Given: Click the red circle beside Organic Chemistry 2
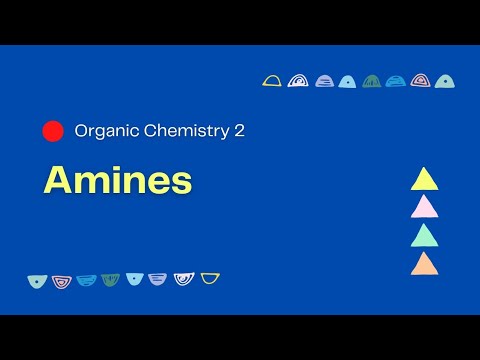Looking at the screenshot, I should pos(53,131).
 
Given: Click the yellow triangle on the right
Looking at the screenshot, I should pos(424,180).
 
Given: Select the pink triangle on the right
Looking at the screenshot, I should pos(424,207).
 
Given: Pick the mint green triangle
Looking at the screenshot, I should pos(424,235).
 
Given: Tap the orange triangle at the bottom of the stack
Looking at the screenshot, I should pos(424,264).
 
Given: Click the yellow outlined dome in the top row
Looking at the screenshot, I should pos(272,81).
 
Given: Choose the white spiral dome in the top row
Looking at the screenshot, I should pos(298,81).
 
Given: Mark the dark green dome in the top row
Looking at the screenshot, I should pos(371,81).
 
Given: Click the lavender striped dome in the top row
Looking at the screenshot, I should pos(324,81).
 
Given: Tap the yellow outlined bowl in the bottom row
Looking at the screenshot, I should pos(210,278).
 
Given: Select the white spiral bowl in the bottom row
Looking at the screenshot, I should pos(184,279).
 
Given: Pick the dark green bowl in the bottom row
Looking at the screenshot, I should pos(110,280).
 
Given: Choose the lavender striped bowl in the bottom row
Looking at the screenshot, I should pos(158,279).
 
